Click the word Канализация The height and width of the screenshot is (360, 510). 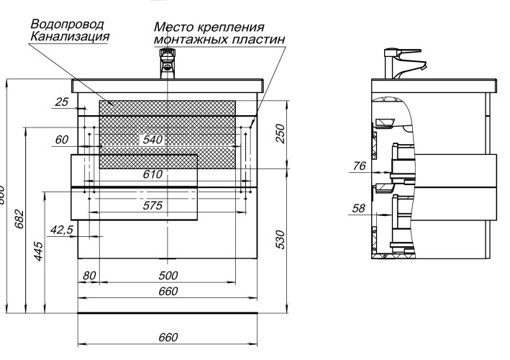70,36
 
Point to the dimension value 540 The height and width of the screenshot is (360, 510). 152,139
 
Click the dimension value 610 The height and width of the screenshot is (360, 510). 152,174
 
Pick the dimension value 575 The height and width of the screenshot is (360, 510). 152,205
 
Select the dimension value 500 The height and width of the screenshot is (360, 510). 168,276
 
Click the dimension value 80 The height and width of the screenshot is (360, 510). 89,276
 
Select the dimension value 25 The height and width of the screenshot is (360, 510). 62,102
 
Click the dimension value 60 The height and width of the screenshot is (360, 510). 62,139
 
